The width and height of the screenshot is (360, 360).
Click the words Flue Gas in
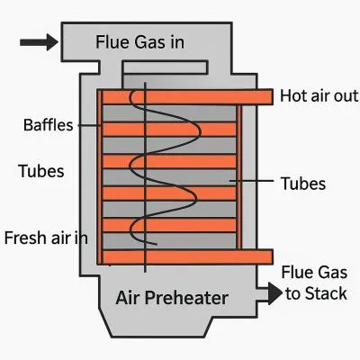[139, 42]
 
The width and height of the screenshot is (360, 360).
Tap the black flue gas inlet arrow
[39, 42]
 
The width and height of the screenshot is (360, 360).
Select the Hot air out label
[319, 96]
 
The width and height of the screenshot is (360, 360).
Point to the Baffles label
[49, 125]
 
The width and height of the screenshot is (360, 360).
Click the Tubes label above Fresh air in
[41, 171]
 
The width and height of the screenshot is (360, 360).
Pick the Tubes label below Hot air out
[303, 184]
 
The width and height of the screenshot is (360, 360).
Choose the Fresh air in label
[46, 238]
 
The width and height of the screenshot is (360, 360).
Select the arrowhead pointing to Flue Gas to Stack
[275, 293]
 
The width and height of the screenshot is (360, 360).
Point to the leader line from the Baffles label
[89, 125]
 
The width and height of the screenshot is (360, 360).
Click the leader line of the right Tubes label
[251, 181]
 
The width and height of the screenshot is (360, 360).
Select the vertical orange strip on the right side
[238, 177]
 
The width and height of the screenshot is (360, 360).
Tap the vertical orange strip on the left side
[100, 177]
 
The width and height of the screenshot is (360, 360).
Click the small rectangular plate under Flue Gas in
[165, 67]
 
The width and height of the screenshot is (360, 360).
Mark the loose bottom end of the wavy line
[157, 244]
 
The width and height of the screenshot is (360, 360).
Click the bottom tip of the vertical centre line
[145, 272]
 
